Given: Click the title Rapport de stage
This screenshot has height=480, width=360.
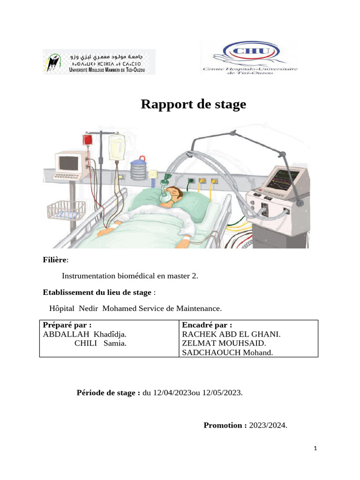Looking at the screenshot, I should [193, 105].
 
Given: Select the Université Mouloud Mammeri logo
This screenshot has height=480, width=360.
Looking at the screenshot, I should [99, 61].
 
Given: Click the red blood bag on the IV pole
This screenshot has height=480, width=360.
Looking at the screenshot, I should [87, 140].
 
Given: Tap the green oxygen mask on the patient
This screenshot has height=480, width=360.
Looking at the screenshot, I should [165, 194].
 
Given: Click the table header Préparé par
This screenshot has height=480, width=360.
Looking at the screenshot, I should [67, 325].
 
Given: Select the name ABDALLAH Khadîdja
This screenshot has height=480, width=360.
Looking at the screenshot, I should [84, 334].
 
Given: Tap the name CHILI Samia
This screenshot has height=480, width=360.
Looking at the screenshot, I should [100, 343].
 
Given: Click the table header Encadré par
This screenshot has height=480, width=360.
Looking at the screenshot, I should [207, 325].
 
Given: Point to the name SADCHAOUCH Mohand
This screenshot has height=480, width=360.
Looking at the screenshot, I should [227, 352].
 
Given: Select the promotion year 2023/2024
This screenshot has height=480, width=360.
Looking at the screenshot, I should [267, 425].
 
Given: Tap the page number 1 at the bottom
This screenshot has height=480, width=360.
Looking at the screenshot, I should [315, 449].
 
